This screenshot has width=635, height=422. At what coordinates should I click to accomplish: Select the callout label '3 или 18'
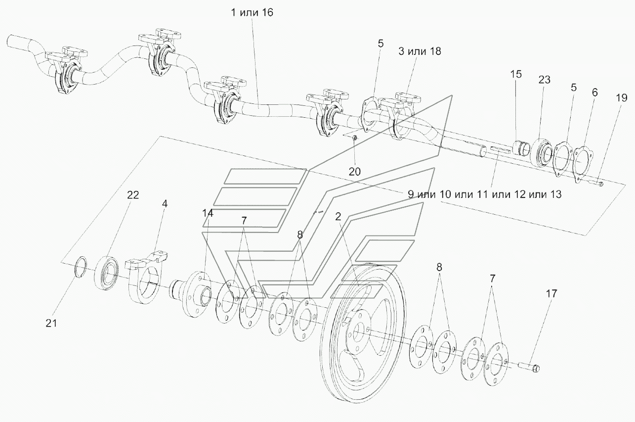420,51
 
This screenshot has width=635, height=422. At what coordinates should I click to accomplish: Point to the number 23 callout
545,80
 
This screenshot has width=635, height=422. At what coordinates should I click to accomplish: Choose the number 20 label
355,171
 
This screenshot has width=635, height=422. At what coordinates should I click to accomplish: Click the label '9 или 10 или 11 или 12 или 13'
485,194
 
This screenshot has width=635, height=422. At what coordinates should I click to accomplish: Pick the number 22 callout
119,196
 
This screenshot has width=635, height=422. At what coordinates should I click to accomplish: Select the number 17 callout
551,293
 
